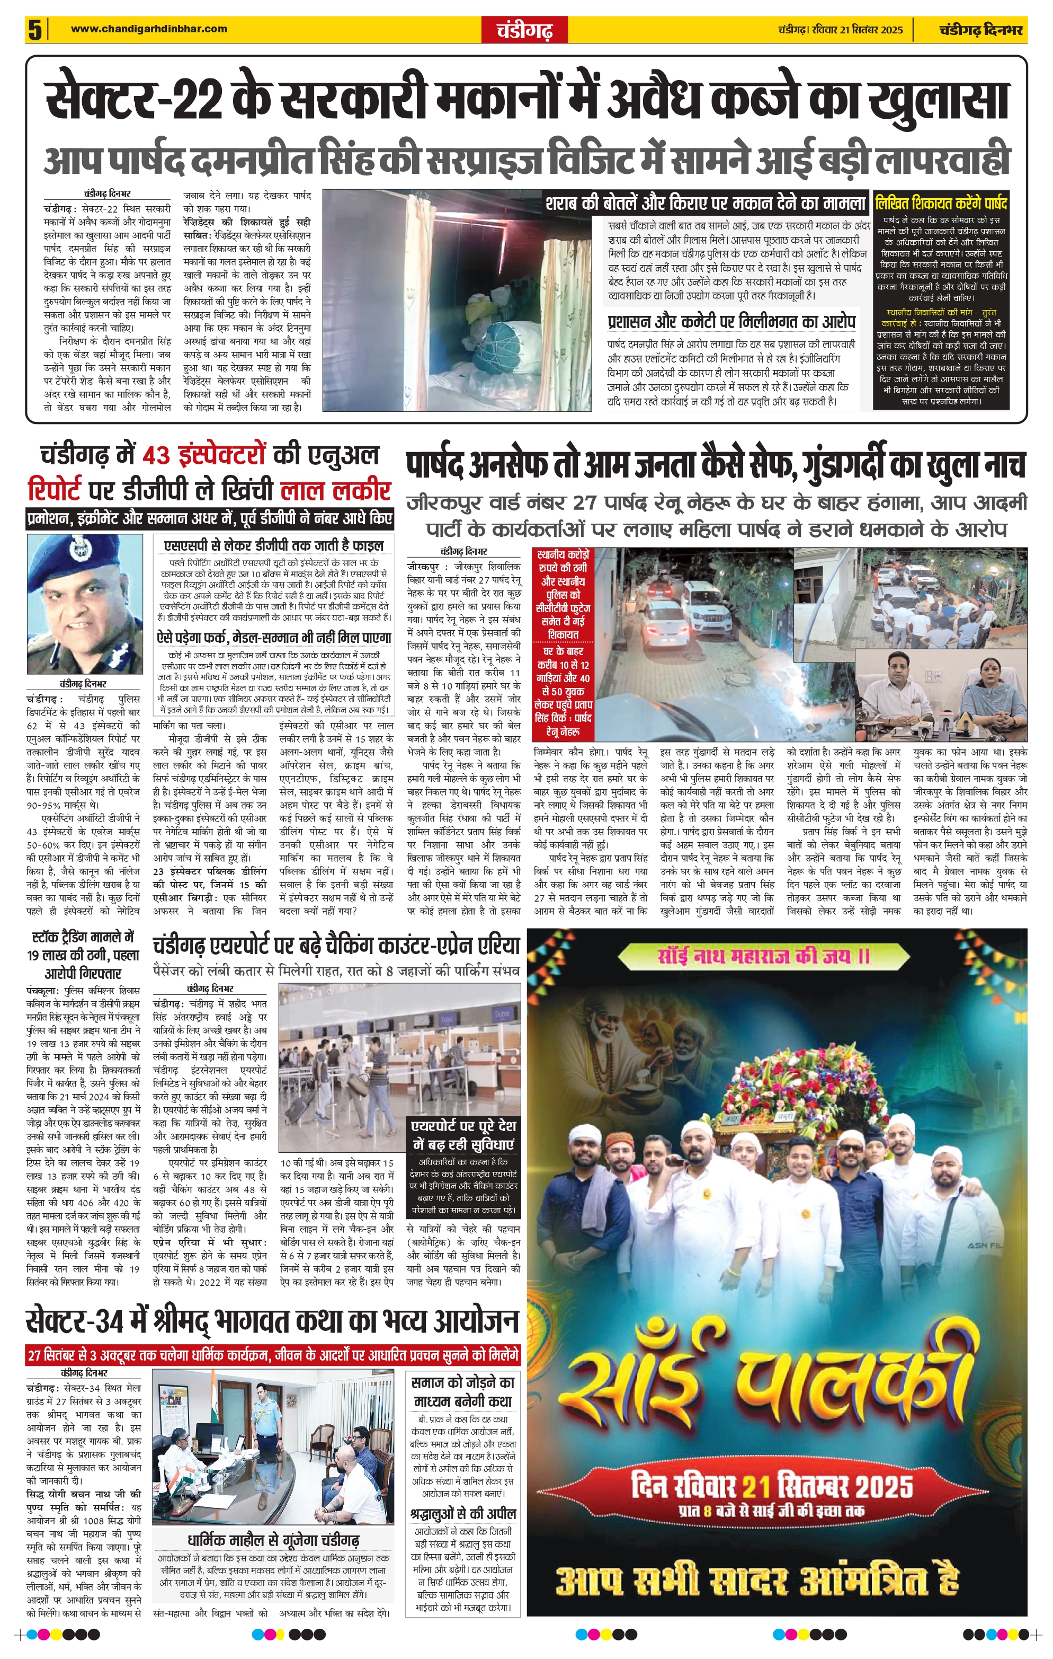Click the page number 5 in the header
pyautogui.click(x=34, y=30)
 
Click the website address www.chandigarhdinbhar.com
pyautogui.click(x=149, y=29)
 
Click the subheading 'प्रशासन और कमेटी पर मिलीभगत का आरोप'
pyautogui.click(x=731, y=322)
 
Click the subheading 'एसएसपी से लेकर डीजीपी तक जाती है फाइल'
pyautogui.click(x=273, y=545)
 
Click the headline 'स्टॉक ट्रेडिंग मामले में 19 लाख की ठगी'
pyautogui.click(x=83, y=955)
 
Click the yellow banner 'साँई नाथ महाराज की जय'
pyautogui.click(x=776, y=957)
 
